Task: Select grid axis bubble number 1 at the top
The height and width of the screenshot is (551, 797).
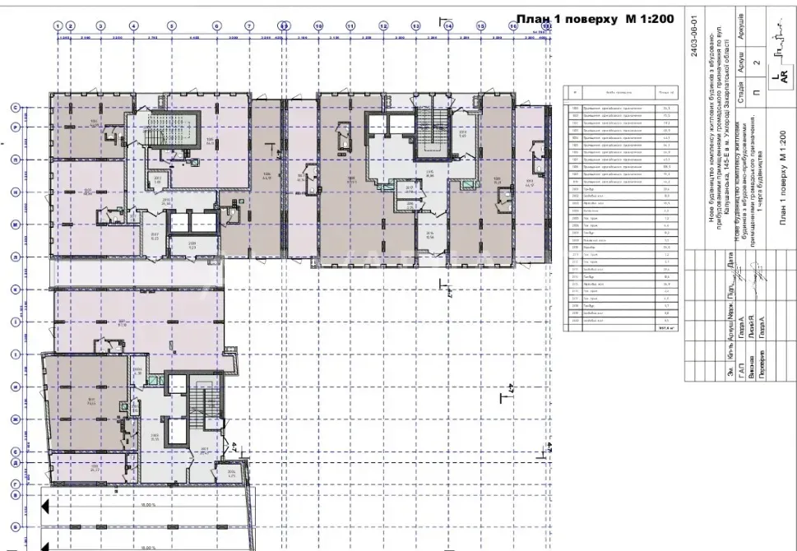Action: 58,25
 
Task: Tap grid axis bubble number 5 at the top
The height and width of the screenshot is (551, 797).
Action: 172,25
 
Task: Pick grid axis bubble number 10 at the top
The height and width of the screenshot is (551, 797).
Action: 318,25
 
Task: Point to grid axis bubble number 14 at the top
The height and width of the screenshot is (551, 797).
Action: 448,25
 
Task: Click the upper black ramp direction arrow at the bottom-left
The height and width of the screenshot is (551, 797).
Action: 46,506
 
